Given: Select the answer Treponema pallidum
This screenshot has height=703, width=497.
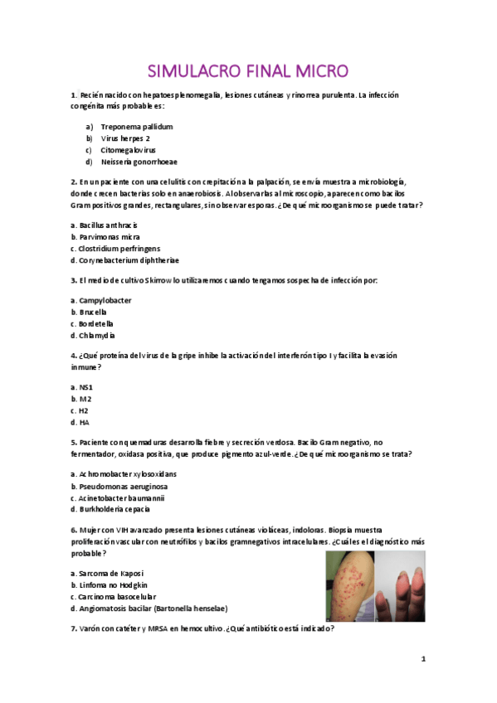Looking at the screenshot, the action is (136, 127).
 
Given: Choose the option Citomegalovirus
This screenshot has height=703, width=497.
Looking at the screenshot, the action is (128, 150).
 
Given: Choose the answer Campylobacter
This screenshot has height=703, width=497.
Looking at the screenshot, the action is (105, 300).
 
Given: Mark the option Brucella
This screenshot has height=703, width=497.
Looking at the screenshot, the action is (92, 312).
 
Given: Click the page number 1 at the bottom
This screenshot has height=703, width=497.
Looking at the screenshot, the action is (423, 659).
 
